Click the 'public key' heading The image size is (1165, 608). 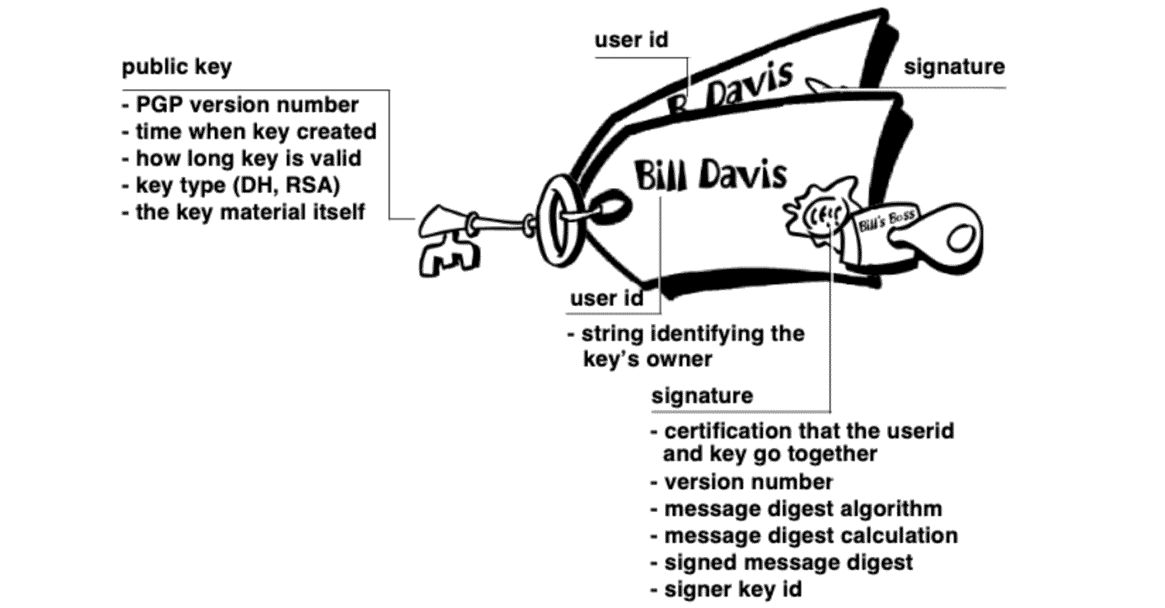click(176, 67)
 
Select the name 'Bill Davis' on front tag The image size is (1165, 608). click(710, 174)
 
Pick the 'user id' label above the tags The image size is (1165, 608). click(631, 40)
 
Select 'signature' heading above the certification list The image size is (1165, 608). click(702, 396)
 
